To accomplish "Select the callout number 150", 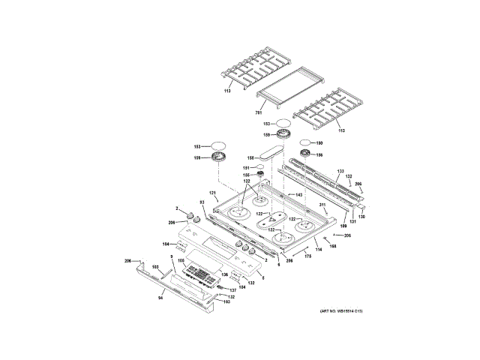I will tap(319, 142).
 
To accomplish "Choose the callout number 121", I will tap(212, 193).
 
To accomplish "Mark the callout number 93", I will tap(202, 203).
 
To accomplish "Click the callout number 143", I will tap(298, 195).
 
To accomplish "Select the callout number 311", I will tap(322, 205).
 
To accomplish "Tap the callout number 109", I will tap(344, 225).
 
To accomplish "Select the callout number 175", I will tap(307, 256).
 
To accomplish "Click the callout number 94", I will tap(160, 298).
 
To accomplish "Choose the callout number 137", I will tap(232, 290).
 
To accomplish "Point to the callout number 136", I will tap(224, 275).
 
